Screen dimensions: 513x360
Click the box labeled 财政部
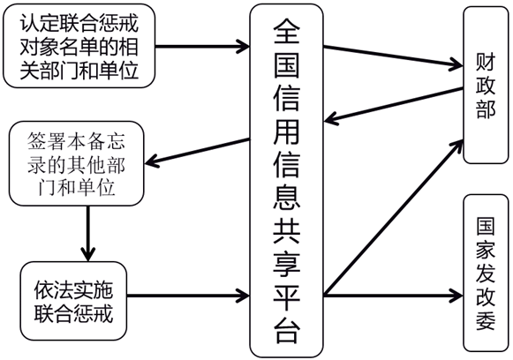coord(486,85)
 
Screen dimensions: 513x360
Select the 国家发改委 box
coord(486,273)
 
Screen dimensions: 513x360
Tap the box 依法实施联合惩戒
coord(73,301)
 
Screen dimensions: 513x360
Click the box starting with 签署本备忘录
coord(76,163)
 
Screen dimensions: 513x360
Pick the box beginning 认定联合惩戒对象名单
coord(79,46)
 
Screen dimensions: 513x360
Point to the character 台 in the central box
coord(287,330)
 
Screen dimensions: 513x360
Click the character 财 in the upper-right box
coord(486,62)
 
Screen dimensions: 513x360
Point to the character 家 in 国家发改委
coord(486,250)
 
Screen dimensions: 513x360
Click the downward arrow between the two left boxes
coord(88,234)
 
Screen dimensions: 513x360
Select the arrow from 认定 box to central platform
coord(202,46)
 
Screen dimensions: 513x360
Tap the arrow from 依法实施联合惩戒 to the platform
coord(188,296)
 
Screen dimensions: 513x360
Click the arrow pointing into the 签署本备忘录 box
coord(197,152)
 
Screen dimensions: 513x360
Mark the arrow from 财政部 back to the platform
coord(394,105)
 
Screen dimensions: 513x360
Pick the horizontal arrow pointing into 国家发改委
coord(394,296)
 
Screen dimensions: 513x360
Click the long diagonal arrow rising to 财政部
coord(394,217)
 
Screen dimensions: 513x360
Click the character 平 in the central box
coord(287,296)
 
